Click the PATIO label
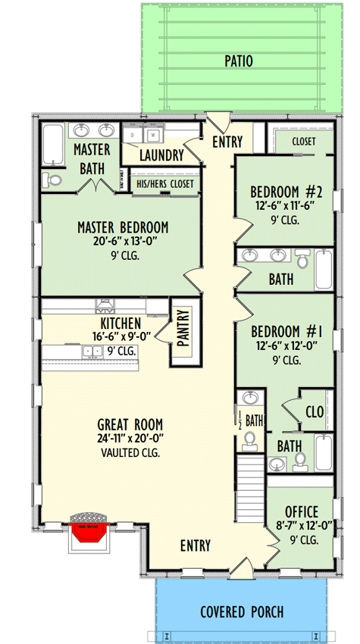click(x=238, y=61)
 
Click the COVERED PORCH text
click(x=242, y=611)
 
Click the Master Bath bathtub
click(x=54, y=145)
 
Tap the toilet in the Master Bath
click(x=52, y=180)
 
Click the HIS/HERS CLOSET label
click(x=164, y=183)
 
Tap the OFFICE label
click(x=301, y=511)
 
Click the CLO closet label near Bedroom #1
click(x=314, y=412)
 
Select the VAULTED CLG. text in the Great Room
click(x=130, y=453)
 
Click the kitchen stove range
click(x=105, y=305)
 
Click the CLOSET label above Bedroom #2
click(x=301, y=141)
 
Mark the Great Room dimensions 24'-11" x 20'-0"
click(x=130, y=439)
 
